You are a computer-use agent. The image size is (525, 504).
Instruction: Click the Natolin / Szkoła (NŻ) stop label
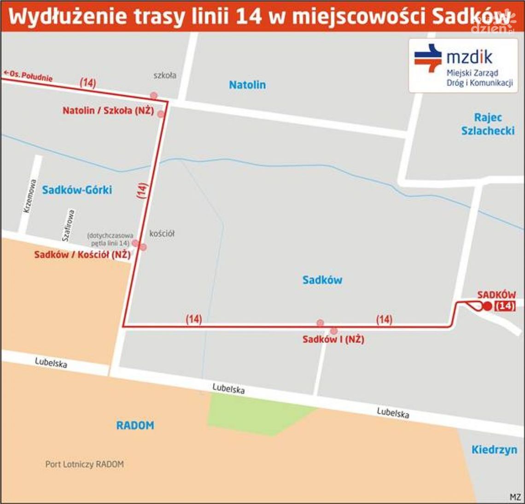[108, 111]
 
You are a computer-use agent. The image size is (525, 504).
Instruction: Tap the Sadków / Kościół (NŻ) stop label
[82, 255]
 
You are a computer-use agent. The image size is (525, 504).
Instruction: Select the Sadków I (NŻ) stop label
[333, 340]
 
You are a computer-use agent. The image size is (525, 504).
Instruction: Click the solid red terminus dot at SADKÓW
[487, 306]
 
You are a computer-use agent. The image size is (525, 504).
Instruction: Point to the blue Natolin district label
[247, 85]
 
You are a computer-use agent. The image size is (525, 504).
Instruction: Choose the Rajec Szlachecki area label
[488, 124]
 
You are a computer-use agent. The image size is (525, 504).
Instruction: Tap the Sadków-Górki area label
[77, 190]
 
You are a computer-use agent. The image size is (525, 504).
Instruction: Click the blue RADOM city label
[135, 425]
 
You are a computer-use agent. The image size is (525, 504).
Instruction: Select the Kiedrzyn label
[494, 450]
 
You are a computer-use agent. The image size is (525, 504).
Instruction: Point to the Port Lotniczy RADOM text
[84, 464]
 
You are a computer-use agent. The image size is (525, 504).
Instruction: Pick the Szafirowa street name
[68, 226]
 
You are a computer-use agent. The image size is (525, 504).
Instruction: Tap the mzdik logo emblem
[428, 58]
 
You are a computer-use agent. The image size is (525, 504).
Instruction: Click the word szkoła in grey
[164, 75]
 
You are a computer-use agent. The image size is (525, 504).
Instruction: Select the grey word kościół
[162, 234]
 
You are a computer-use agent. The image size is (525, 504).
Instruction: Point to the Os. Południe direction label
[29, 75]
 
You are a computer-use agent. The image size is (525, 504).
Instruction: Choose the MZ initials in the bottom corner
[515, 497]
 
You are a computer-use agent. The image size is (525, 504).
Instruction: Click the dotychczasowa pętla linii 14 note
[110, 239]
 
